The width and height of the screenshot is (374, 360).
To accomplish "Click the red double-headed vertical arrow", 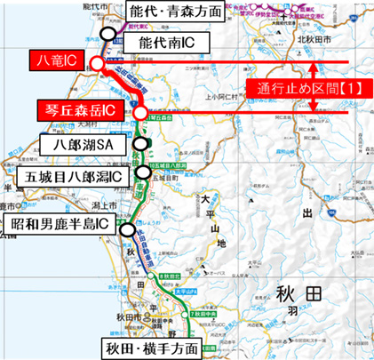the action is coord(312,87).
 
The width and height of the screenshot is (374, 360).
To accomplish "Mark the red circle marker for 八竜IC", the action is coord(97,63).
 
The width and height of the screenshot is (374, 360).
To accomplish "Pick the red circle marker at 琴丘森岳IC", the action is coord(140,113).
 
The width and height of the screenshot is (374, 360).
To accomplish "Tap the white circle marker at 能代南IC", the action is coord(108,33).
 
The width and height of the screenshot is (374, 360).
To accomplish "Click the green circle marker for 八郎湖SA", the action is coord(139,142).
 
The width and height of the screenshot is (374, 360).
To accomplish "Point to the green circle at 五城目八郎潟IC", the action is coord(144,172).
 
